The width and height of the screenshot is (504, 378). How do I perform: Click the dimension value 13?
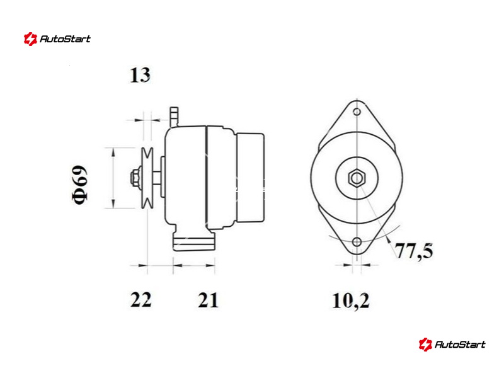pyautogui.click(x=140, y=75)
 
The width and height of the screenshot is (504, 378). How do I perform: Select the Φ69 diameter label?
pyautogui.click(x=79, y=185)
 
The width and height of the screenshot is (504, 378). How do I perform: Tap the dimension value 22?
pyautogui.click(x=140, y=300)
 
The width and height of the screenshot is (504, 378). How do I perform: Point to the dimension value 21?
pyautogui.click(x=208, y=300)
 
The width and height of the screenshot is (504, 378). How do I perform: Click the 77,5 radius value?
pyautogui.click(x=414, y=251)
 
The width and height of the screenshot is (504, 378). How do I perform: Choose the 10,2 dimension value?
pyautogui.click(x=350, y=301)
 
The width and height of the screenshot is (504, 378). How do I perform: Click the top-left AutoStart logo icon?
pyautogui.click(x=30, y=39)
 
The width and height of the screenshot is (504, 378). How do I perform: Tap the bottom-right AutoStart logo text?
pyautogui.click(x=460, y=345)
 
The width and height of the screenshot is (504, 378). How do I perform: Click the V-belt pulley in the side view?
pyautogui.click(x=147, y=178)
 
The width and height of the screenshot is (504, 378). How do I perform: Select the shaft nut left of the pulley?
pyautogui.click(x=135, y=178)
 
